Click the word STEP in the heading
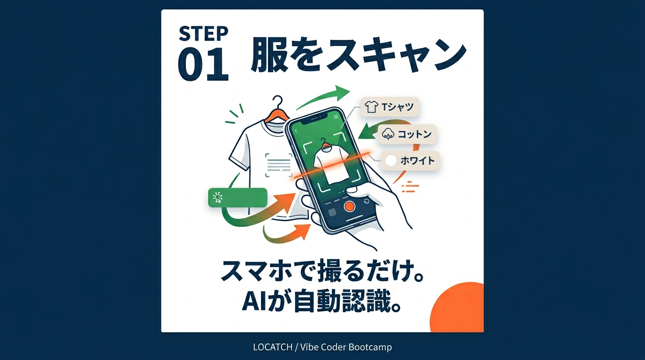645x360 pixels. click(x=203, y=34)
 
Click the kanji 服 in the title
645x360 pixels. click(x=269, y=55)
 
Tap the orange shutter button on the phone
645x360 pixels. click(x=349, y=206)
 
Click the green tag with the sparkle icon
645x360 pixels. click(x=237, y=197)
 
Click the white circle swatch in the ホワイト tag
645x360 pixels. click(x=390, y=161)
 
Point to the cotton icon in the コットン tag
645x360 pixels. click(x=389, y=134)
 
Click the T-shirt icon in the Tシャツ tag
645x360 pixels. click(x=371, y=107)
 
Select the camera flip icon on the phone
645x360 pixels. click(x=367, y=201)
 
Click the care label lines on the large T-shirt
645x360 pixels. click(x=279, y=165)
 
